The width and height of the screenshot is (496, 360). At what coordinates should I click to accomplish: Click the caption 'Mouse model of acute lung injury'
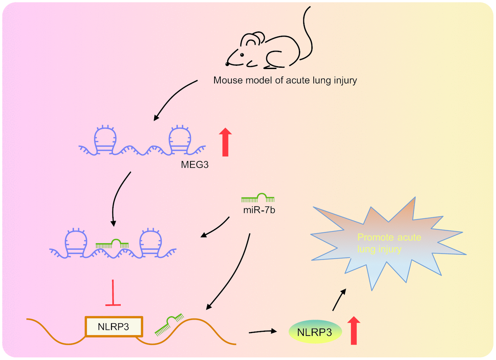(x=285, y=80)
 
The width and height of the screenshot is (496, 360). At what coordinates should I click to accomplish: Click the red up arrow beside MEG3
(x=225, y=142)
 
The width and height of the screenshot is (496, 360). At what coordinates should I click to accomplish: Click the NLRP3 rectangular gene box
(x=114, y=327)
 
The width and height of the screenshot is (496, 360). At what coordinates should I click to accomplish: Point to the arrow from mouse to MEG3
(x=174, y=99)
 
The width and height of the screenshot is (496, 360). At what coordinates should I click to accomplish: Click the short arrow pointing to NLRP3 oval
(x=262, y=331)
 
